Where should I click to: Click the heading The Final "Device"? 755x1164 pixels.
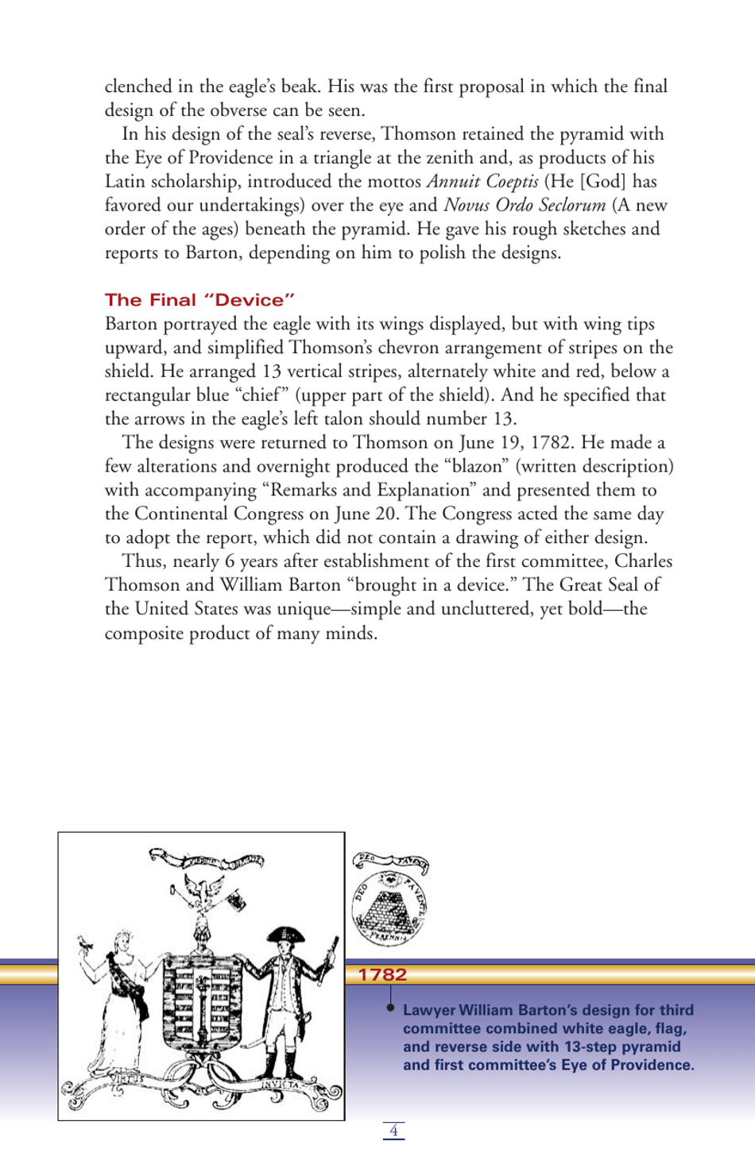[x=199, y=300]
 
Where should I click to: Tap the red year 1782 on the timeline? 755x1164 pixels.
[x=382, y=974]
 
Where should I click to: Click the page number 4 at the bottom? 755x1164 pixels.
[x=393, y=1130]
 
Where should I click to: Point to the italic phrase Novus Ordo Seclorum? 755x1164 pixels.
[x=525, y=206]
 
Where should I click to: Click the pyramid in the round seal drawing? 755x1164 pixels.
[x=387, y=910]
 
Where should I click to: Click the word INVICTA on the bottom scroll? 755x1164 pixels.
[x=282, y=1084]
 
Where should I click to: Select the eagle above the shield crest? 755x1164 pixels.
[x=203, y=888]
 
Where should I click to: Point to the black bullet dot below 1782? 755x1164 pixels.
[x=390, y=1008]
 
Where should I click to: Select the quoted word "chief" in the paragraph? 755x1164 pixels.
[x=261, y=395]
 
